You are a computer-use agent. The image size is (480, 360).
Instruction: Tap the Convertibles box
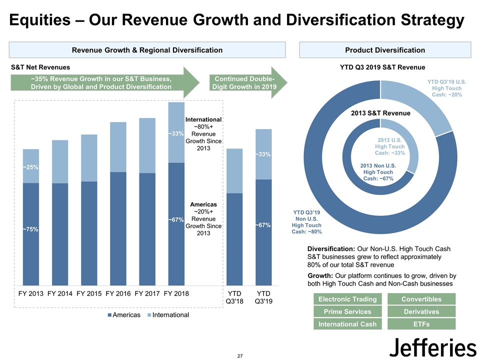[x=421, y=299]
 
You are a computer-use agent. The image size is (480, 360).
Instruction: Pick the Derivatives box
[x=421, y=311]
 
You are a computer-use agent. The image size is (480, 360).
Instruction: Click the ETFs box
[x=421, y=324]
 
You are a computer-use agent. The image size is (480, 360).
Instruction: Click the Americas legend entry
[x=123, y=315]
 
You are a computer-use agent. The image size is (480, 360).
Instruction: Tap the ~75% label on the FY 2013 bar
[x=30, y=229]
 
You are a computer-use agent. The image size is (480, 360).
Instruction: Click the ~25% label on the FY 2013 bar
[x=30, y=167]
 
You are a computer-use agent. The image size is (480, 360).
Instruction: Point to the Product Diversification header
[x=385, y=50]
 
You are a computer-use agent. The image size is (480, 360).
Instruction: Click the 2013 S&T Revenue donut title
[x=381, y=113]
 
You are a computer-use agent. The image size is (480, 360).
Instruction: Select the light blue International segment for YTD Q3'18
[x=234, y=171]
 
